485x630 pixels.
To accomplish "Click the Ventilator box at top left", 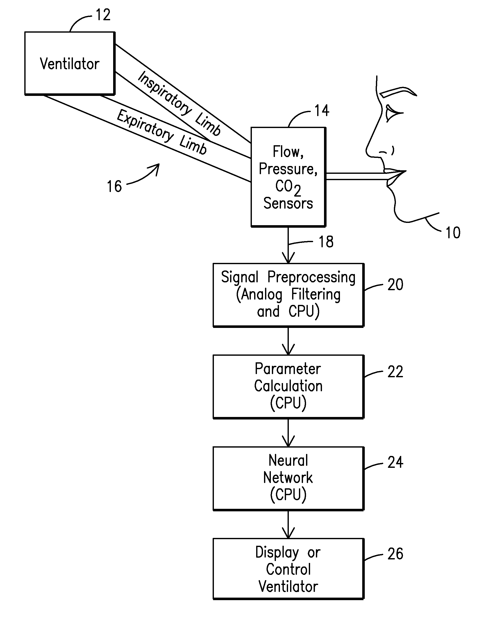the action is pos(70,63).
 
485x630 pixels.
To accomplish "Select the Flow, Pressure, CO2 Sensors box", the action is pos(288,177).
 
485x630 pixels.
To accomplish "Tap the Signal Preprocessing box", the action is pos(288,295).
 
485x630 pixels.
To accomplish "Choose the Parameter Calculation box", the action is pos(288,387).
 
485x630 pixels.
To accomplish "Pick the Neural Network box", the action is pos(288,478).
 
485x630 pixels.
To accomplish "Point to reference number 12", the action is pos(103,15).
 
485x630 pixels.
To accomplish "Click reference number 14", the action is pos(322,111).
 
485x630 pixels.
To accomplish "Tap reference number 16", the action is pos(114,186).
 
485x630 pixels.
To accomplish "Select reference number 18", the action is pos(326,242).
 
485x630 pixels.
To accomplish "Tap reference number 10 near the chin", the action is pos(453,233).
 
